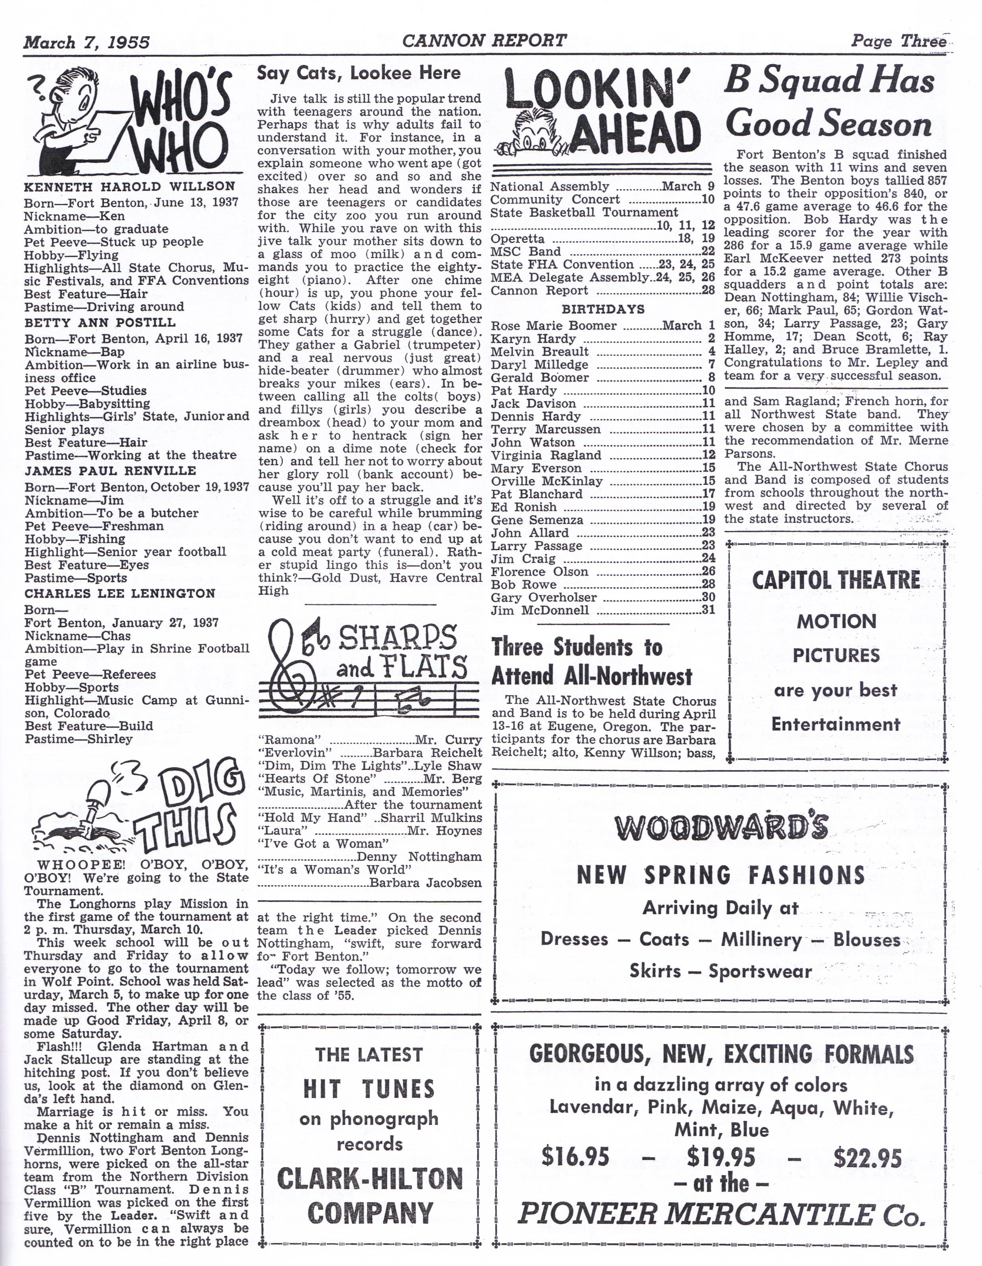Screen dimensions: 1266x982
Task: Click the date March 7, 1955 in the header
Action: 86,42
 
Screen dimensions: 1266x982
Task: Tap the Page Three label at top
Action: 898,41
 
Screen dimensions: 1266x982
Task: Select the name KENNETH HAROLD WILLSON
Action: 129,187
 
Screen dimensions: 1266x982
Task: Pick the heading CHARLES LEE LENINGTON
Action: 120,594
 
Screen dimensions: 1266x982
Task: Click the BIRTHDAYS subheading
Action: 603,310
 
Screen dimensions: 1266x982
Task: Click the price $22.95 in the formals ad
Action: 867,1141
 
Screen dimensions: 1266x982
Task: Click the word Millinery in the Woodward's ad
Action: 762,940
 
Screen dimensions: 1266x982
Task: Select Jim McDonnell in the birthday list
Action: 540,610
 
